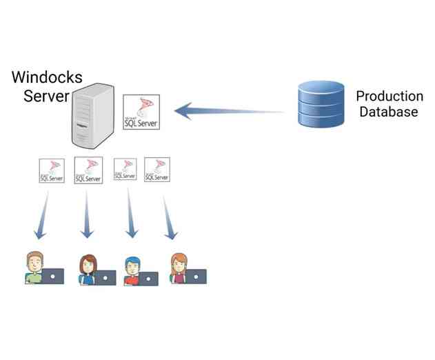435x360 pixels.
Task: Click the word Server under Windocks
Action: (x=46, y=95)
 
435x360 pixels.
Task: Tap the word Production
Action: (x=389, y=96)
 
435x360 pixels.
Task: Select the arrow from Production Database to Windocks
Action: (x=227, y=110)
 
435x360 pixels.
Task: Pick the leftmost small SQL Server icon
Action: (x=52, y=170)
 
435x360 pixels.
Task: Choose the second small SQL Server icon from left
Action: (x=88, y=170)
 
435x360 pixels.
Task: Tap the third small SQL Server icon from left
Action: (x=125, y=169)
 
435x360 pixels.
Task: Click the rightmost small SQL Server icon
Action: (x=157, y=170)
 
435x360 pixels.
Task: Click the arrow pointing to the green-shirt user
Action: (x=43, y=216)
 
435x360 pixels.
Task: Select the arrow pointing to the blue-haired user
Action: (x=130, y=216)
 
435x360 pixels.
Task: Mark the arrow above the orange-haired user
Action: (x=168, y=216)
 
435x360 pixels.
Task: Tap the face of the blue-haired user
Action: (x=132, y=266)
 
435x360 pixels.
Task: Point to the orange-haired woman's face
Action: (x=179, y=263)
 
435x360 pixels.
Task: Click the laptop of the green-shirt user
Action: (x=53, y=276)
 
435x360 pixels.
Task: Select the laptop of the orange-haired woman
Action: (x=196, y=276)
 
